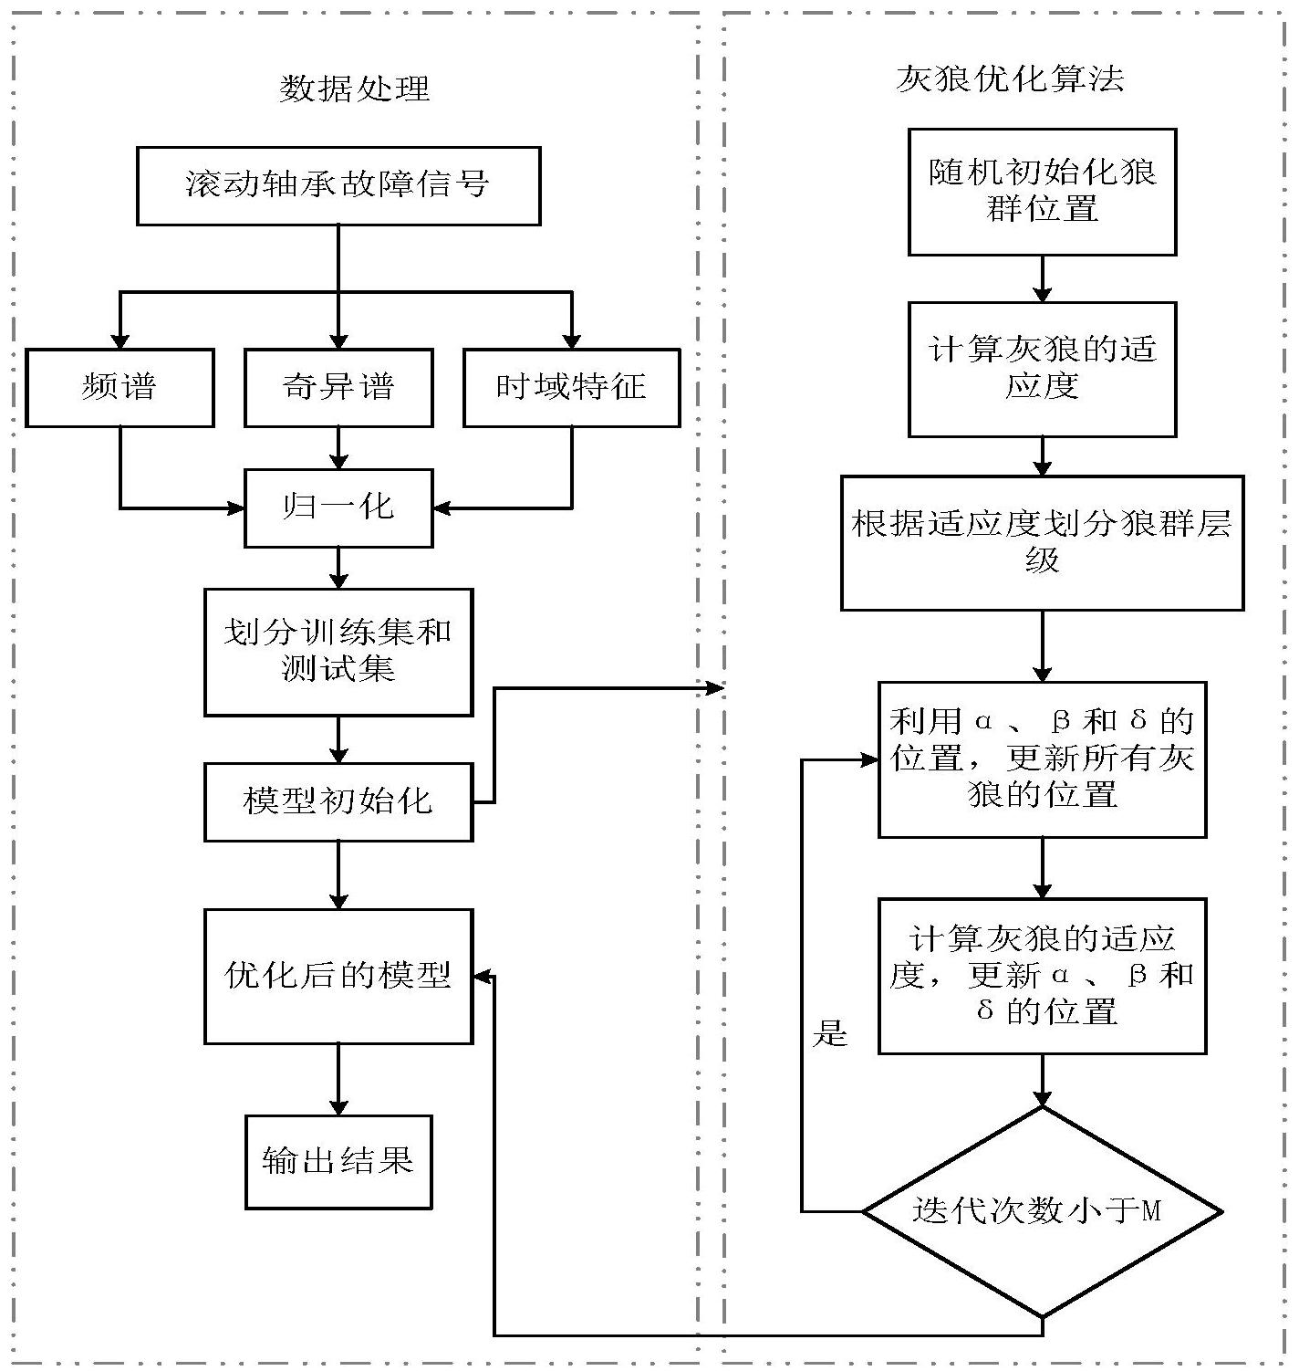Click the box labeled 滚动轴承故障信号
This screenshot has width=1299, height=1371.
click(338, 185)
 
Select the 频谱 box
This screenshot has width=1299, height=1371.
click(120, 387)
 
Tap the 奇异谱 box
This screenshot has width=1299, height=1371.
click(338, 387)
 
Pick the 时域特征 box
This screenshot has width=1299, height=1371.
click(571, 387)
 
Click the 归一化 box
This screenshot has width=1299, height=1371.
click(338, 508)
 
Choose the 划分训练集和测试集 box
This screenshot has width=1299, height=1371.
click(338, 651)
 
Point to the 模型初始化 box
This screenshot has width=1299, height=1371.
click(338, 801)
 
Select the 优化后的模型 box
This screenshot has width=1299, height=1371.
click(338, 976)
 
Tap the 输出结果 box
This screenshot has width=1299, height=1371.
click(338, 1161)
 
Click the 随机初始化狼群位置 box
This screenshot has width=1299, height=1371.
click(1042, 191)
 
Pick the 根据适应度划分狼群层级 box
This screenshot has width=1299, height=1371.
click(1042, 542)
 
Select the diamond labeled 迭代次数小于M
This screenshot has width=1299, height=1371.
click(1042, 1211)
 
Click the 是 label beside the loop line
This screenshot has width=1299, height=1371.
click(830, 1034)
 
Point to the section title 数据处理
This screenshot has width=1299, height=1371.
click(354, 89)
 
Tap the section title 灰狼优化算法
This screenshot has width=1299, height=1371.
click(1010, 79)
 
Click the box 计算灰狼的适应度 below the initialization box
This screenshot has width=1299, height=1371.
click(1042, 369)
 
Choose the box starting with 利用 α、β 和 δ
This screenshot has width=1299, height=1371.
click(1042, 759)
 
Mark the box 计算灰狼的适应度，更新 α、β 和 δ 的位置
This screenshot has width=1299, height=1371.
click(1042, 975)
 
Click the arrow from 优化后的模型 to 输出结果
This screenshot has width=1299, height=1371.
click(338, 1079)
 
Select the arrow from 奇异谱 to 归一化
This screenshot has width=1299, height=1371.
click(338, 447)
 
